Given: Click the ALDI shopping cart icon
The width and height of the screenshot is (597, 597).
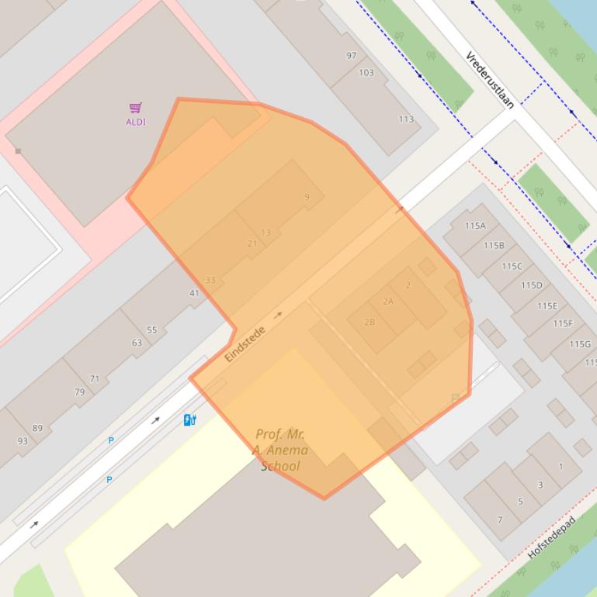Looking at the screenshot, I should [x=136, y=108].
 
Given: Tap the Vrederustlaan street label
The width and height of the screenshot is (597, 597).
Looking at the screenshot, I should [x=490, y=80].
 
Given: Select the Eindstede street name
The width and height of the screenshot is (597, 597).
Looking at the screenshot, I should [x=245, y=343].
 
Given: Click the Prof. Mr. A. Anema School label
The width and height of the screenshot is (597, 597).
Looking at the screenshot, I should [x=279, y=450].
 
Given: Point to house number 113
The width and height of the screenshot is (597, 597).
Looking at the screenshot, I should [x=406, y=119].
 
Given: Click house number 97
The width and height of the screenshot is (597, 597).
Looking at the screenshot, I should [x=352, y=56].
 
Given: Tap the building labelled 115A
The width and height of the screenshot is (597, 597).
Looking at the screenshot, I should [x=475, y=226].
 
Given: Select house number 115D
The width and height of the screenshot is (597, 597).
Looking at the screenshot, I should [x=532, y=285].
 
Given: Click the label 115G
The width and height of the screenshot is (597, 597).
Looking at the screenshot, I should [x=580, y=344].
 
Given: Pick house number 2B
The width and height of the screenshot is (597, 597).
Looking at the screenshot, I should [x=370, y=322].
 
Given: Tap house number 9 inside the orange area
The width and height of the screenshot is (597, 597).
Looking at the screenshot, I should [x=307, y=197].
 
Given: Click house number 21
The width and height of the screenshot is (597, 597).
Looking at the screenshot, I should [x=252, y=243].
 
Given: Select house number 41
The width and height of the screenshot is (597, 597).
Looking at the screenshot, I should [x=194, y=293].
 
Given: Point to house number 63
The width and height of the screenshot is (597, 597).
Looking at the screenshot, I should [x=137, y=343].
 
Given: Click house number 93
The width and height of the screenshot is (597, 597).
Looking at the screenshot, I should [x=23, y=441].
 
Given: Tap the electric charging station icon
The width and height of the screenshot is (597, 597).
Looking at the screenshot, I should [x=189, y=420].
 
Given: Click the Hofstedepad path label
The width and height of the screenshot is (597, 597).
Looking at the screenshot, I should [x=551, y=537].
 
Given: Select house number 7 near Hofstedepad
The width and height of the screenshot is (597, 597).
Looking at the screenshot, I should [x=500, y=519].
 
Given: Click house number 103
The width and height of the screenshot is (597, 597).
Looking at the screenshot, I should [x=366, y=73].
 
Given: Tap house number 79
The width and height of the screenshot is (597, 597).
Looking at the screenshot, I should [x=79, y=392].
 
